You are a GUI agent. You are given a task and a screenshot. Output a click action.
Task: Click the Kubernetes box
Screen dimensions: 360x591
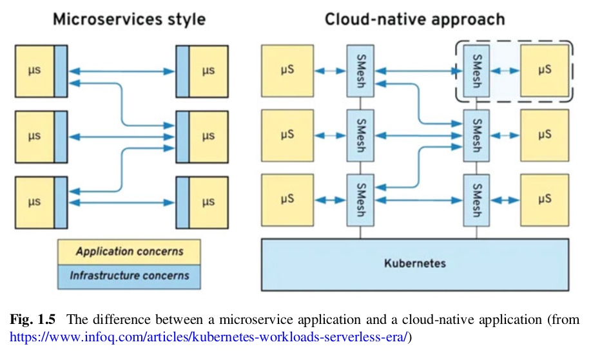click(414, 264)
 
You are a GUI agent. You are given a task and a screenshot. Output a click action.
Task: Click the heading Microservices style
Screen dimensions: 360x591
click(129, 19)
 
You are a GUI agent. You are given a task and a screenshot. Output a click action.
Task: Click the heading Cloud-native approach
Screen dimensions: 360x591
click(414, 19)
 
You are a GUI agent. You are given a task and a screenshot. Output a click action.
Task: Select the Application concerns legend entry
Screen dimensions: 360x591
click(129, 252)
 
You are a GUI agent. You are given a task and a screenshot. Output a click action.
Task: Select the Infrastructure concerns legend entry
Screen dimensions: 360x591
click(129, 276)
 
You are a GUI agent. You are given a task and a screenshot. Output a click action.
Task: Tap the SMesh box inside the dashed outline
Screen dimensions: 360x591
click(476, 71)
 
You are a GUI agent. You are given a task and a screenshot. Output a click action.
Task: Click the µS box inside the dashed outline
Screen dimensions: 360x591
click(545, 70)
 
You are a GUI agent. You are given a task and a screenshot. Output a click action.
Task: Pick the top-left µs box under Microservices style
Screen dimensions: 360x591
click(35, 71)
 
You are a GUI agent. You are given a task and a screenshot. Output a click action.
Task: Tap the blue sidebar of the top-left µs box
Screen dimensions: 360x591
click(61, 71)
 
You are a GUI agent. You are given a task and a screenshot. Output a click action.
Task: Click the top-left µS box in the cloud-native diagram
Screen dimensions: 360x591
click(287, 70)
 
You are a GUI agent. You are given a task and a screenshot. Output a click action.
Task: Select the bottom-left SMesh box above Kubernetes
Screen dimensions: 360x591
click(360, 200)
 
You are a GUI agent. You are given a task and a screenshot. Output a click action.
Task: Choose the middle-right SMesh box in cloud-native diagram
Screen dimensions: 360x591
click(476, 135)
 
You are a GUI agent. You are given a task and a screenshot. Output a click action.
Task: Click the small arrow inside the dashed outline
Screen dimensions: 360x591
click(505, 71)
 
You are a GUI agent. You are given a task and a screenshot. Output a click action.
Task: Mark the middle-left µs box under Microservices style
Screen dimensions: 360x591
click(35, 136)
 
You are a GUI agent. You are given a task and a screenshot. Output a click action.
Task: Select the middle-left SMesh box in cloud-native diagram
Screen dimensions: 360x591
click(360, 135)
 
